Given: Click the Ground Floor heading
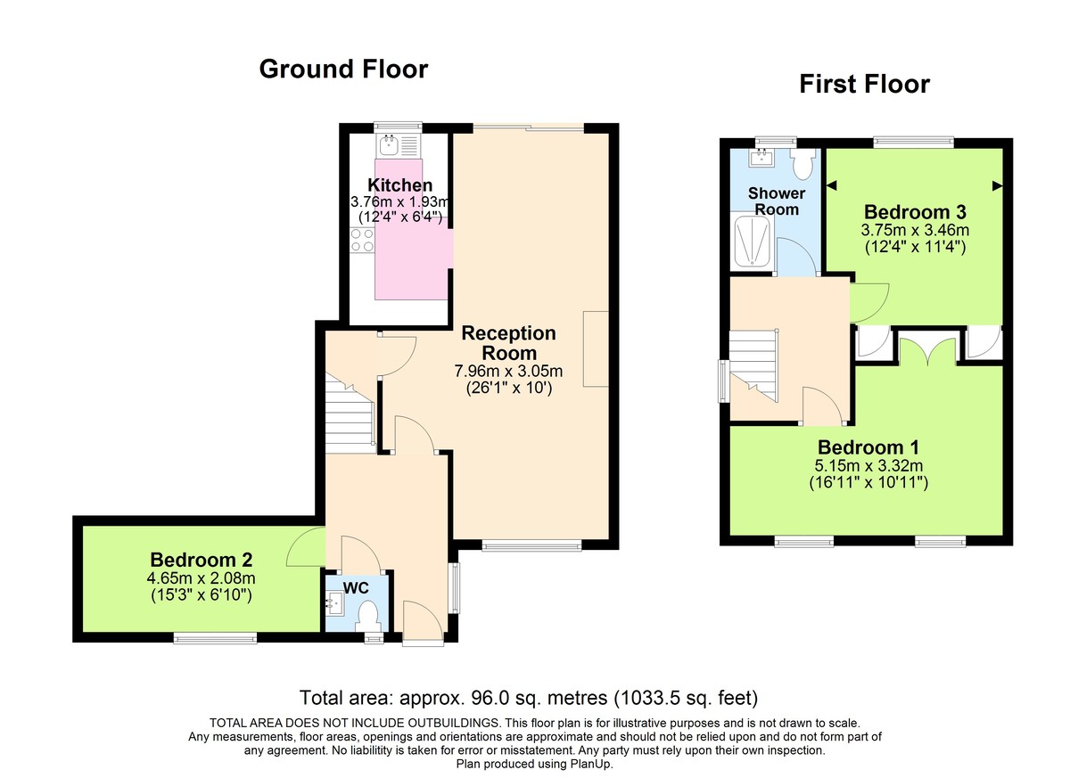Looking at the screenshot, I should coord(343,69).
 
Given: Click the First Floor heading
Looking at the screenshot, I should coord(864,84).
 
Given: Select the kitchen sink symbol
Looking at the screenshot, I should coord(390,145).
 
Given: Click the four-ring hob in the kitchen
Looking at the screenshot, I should coord(363,240).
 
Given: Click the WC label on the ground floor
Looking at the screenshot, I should coord(357,588).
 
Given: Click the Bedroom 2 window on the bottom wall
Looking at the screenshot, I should coord(215,637).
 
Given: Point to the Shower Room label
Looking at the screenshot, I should coord(776,201).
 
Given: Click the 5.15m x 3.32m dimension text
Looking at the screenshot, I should coord(868,465).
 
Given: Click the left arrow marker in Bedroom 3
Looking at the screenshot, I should coord(833,185).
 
